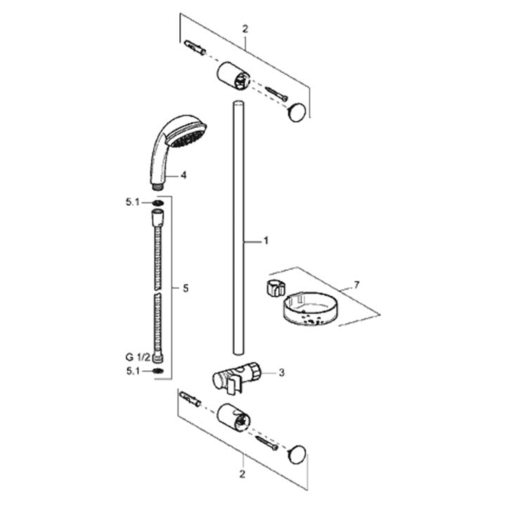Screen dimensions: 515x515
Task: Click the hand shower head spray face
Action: (x=188, y=136)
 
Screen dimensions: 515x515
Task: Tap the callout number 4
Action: (x=183, y=176)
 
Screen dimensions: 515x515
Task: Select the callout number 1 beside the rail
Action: (x=266, y=241)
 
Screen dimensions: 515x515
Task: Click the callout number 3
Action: (x=282, y=373)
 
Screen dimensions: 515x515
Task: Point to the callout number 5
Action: (x=185, y=288)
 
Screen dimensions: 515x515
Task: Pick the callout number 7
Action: (x=357, y=285)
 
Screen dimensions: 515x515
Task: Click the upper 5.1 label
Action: (x=133, y=202)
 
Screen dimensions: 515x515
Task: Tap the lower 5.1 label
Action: (x=133, y=371)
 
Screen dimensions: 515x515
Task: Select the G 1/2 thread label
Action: (x=138, y=356)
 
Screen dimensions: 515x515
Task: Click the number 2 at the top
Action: (x=245, y=30)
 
